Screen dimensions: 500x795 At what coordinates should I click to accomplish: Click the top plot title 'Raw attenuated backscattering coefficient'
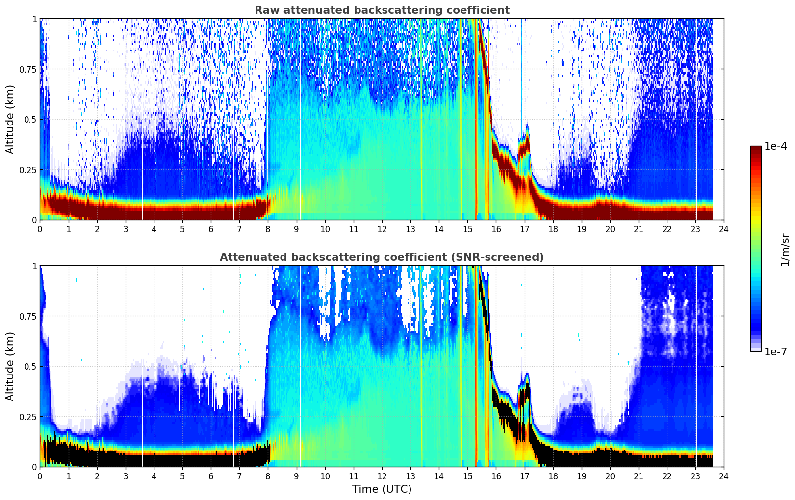click(x=382, y=10)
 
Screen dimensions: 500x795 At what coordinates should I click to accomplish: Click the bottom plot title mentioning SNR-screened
click(x=382, y=257)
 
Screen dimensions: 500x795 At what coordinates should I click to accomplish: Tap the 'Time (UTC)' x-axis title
click(x=382, y=489)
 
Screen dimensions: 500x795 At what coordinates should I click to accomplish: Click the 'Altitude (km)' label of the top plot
click(x=10, y=119)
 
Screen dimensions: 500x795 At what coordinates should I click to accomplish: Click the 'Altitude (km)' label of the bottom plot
click(x=10, y=366)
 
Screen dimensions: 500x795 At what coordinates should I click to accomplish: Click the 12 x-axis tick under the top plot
click(x=382, y=229)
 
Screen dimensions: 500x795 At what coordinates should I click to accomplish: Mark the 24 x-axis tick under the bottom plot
click(x=724, y=476)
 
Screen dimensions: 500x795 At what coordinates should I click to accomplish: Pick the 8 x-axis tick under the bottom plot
click(x=268, y=476)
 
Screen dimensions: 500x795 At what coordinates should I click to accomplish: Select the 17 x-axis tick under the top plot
click(x=524, y=229)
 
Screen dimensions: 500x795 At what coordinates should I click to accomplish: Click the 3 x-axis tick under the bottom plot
click(x=126, y=476)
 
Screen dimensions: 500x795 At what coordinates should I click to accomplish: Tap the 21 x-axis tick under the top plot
click(x=638, y=229)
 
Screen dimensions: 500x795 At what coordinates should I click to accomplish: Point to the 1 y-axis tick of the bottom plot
click(x=34, y=266)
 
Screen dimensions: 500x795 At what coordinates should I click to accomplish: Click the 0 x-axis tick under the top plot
click(x=40, y=229)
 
